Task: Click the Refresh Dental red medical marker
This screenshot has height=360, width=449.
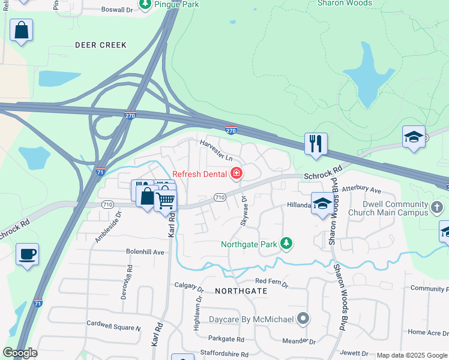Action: [237, 174]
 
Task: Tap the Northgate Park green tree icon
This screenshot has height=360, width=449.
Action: [287, 243]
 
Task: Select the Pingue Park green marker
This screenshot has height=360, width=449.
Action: [145, 4]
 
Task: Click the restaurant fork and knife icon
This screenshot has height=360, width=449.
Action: [316, 144]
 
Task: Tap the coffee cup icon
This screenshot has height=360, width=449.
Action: [27, 254]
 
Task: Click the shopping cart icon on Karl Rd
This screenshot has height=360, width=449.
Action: [166, 200]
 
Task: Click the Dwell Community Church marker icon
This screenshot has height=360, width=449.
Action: [438, 208]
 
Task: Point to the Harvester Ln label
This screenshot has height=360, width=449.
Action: [216, 150]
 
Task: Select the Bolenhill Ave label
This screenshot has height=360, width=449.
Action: [145, 252]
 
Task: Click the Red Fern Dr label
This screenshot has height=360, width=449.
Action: [272, 281]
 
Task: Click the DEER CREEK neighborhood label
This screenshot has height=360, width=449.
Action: [101, 45]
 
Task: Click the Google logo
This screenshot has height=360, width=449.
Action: [20, 353]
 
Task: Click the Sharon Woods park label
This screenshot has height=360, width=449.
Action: [345, 3]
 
